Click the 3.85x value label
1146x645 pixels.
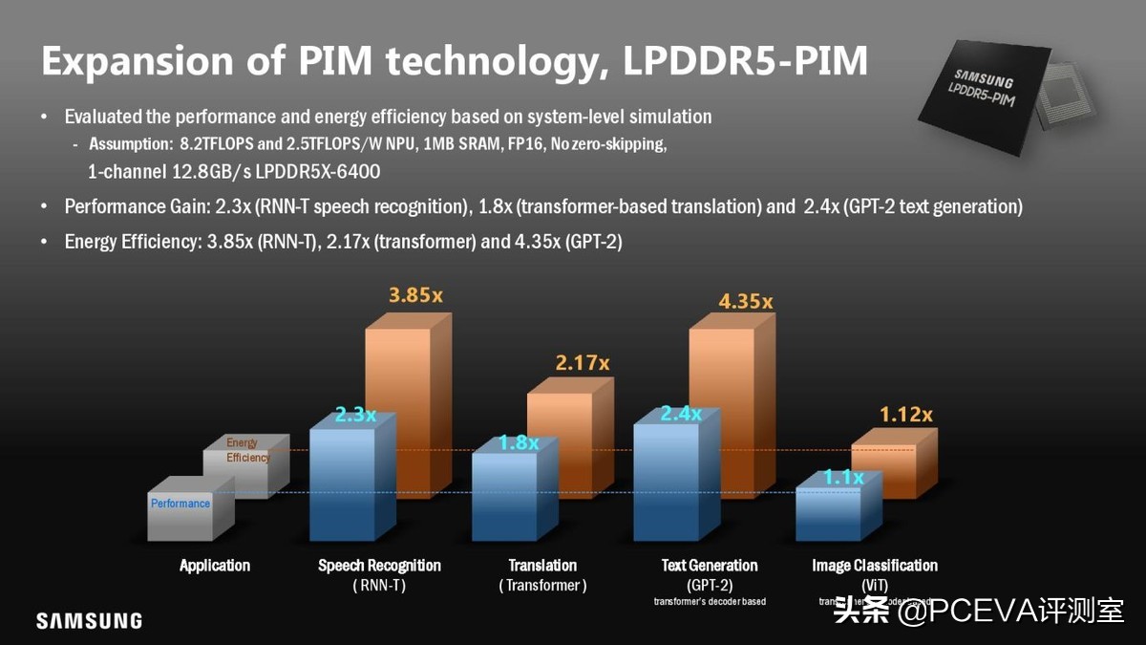pos(415,295)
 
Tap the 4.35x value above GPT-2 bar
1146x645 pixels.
pos(745,301)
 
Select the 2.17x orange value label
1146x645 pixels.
pos(582,363)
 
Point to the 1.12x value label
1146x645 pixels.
pos(905,414)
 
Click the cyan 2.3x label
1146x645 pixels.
pos(354,415)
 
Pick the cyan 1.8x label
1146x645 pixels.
pos(519,443)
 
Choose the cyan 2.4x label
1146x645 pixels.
pos(681,414)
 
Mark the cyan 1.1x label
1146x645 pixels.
pos(843,477)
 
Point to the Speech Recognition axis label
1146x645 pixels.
pos(379,566)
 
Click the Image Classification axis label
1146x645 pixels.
pos(875,566)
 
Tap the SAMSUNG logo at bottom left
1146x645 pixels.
pos(89,621)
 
